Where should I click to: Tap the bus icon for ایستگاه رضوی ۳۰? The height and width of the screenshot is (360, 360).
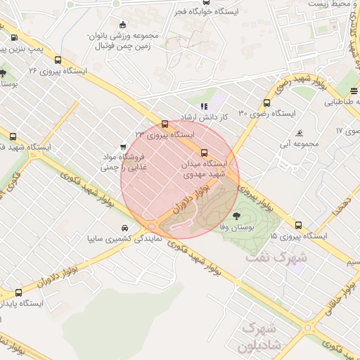pyautogui.click(x=267, y=102)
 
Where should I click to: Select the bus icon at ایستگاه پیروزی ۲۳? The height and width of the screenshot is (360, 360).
pyautogui.click(x=165, y=124)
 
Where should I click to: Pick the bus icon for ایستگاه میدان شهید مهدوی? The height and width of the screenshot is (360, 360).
pyautogui.click(x=205, y=152)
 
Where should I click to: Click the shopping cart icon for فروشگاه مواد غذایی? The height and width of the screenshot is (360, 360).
pyautogui.click(x=124, y=148)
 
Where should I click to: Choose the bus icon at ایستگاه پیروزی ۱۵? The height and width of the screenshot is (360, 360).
pyautogui.click(x=299, y=226)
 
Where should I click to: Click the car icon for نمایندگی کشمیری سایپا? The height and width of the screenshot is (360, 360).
pyautogui.click(x=124, y=229)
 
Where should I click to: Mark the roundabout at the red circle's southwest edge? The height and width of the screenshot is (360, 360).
pyautogui.click(x=151, y=226)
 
